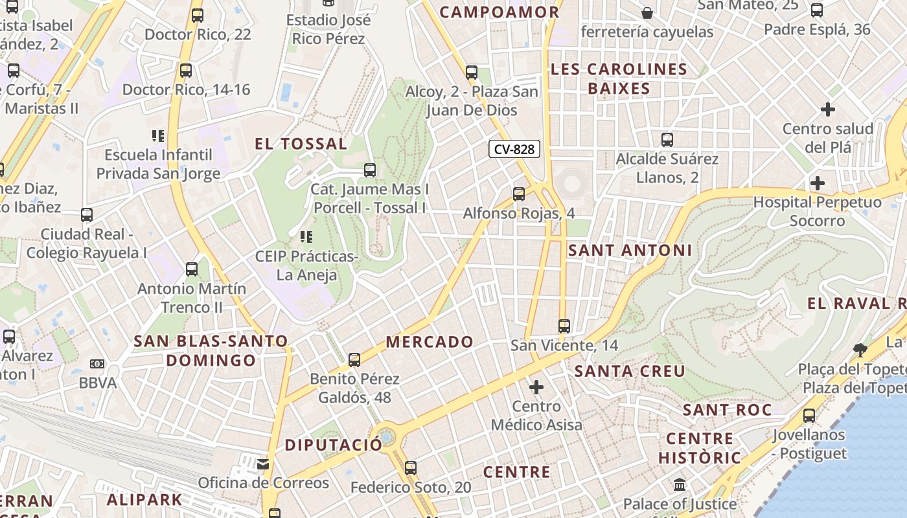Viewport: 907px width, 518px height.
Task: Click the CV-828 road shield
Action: pyautogui.click(x=514, y=150)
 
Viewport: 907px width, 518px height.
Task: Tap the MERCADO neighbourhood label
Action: pyautogui.click(x=430, y=342)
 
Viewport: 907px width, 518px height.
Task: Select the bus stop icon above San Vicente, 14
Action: pyautogui.click(x=564, y=326)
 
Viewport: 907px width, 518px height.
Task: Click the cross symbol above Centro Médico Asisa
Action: pyautogui.click(x=536, y=387)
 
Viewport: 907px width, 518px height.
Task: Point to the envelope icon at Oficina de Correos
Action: pyautogui.click(x=262, y=464)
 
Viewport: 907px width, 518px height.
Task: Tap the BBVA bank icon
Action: pyautogui.click(x=97, y=364)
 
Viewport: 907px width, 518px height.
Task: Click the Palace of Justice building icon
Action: pyautogui.click(x=680, y=485)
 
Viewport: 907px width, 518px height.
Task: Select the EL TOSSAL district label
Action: pyautogui.click(x=301, y=144)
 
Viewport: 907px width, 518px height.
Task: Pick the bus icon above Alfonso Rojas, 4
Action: pyautogui.click(x=518, y=194)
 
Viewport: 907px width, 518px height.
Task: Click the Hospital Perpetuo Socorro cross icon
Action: pyautogui.click(x=818, y=183)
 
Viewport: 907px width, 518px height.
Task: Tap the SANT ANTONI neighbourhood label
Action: pyautogui.click(x=630, y=251)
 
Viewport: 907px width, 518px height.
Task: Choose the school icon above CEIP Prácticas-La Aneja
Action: pyautogui.click(x=306, y=237)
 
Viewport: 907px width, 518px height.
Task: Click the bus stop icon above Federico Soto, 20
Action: pyautogui.click(x=410, y=467)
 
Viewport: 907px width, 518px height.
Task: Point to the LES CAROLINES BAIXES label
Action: pyautogui.click(x=619, y=79)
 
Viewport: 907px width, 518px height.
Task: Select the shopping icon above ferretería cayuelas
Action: pyautogui.click(x=647, y=12)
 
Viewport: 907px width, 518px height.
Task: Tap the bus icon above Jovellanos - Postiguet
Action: pyautogui.click(x=809, y=415)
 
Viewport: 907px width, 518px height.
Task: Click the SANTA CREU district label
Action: pyautogui.click(x=630, y=371)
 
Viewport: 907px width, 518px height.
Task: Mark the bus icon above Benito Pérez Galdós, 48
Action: pyautogui.click(x=354, y=359)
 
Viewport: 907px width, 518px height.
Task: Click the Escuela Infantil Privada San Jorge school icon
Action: pyautogui.click(x=157, y=136)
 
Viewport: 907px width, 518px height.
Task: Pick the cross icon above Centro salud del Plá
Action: pyautogui.click(x=827, y=109)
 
